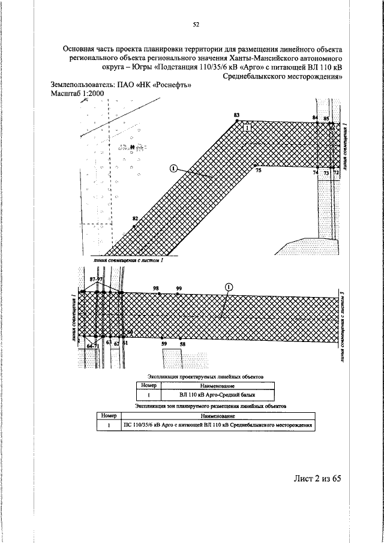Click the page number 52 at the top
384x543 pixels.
196,25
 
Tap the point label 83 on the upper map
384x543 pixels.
236,114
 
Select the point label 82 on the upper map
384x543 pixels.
136,218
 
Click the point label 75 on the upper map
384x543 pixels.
259,171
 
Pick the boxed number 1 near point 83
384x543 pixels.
248,127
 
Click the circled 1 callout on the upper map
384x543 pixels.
173,169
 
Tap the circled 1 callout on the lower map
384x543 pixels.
228,287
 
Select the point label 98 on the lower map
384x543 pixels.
157,289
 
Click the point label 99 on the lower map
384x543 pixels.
179,289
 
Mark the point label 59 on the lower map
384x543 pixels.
164,344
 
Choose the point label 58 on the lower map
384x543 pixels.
182,344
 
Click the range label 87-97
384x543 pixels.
96,280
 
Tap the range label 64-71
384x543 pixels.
93,346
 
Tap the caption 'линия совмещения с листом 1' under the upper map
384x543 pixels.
129,262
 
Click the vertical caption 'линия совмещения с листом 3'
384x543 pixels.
342,326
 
